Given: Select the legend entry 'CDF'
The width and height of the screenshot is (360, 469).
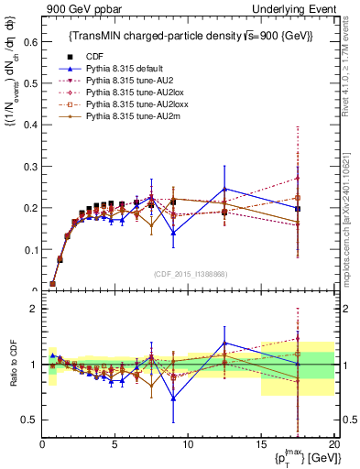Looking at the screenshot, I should (x=93, y=55).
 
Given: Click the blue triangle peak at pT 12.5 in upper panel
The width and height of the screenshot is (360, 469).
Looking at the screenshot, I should (x=224, y=189).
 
